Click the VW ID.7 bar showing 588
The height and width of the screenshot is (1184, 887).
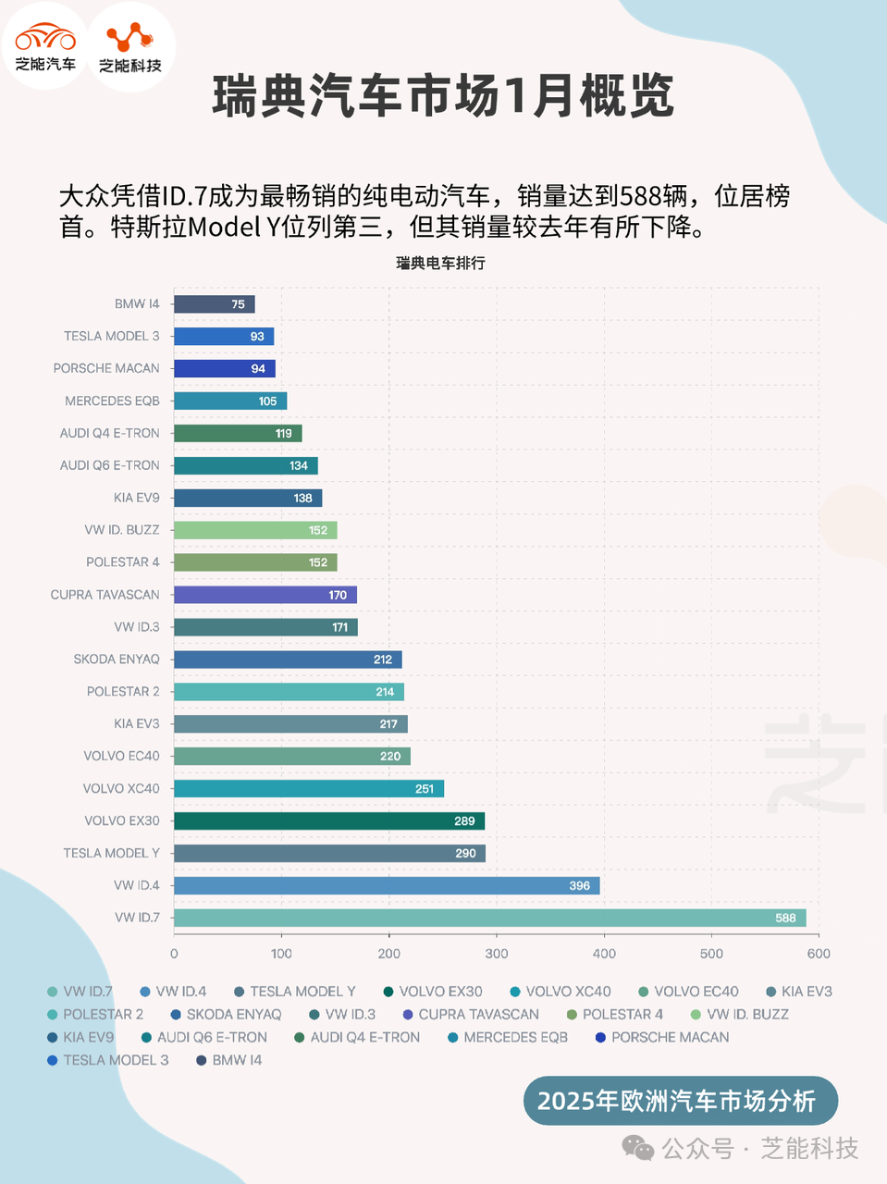click(x=489, y=918)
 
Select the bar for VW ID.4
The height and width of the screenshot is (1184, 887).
click(x=387, y=885)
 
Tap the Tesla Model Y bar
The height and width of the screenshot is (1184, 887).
click(x=329, y=853)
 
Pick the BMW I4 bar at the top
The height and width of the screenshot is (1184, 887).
click(x=214, y=303)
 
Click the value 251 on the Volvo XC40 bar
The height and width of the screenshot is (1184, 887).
click(x=425, y=789)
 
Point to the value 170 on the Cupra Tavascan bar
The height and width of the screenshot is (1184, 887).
click(x=338, y=595)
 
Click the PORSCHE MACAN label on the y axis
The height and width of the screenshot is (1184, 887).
click(x=106, y=368)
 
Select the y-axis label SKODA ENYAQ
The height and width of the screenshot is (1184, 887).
click(x=117, y=660)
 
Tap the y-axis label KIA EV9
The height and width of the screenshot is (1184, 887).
click(x=137, y=498)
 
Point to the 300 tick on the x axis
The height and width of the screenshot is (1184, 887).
click(x=497, y=954)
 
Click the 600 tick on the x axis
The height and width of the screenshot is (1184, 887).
click(x=819, y=954)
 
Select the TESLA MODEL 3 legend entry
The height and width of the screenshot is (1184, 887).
click(x=108, y=1060)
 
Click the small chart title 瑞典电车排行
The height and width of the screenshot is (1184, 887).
click(x=440, y=263)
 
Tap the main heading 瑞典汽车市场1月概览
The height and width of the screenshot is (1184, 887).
click(x=443, y=96)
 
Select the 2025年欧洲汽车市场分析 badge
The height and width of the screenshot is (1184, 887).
click(x=680, y=1101)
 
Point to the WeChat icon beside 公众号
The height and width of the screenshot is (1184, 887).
click(x=638, y=1148)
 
